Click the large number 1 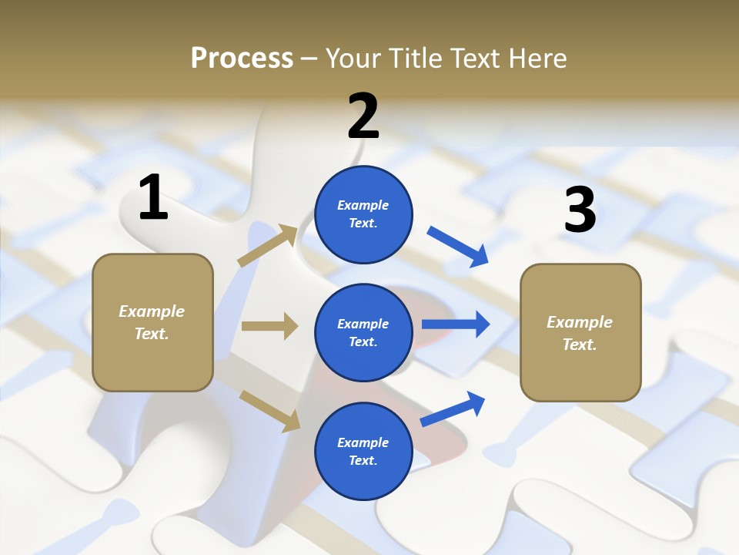pos(153,197)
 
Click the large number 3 pos(580,210)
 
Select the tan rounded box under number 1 pos(152,322)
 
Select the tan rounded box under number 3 pos(580,332)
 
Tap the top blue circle pos(363,214)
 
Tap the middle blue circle pos(363,332)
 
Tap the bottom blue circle pos(363,451)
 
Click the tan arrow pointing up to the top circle pos(268,245)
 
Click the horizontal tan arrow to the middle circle pos(269,326)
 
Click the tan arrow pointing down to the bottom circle pos(269,410)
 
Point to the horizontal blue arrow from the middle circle pos(456,325)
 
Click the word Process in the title pos(242,58)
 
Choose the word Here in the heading pos(537,58)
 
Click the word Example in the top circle pos(363,205)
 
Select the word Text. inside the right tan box pos(580,344)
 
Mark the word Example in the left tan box pos(152,311)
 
